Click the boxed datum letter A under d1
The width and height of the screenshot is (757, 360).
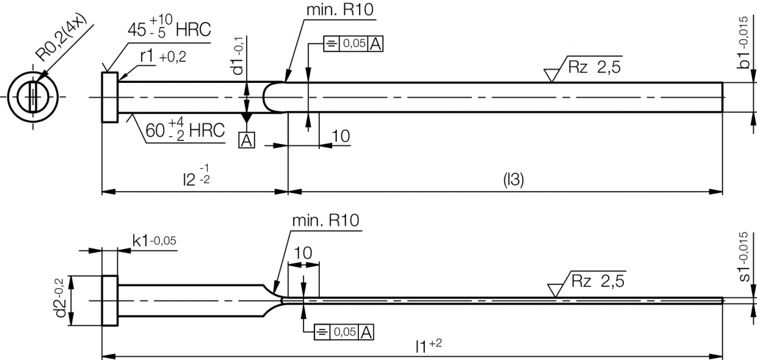coord(247,140)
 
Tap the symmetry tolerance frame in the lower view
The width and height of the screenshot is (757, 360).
coord(344,331)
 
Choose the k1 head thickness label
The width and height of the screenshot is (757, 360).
coord(154,241)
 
